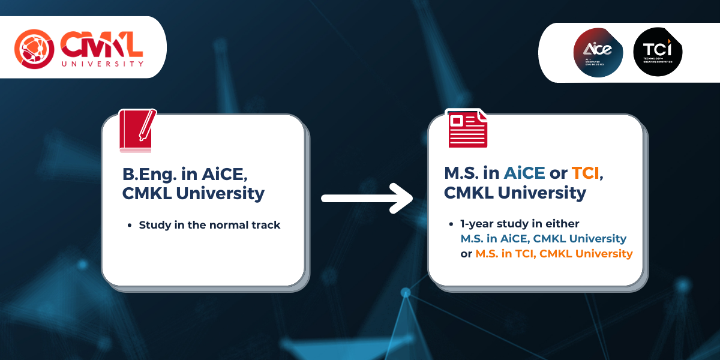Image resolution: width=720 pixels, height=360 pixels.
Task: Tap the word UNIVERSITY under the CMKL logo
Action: point(101,63)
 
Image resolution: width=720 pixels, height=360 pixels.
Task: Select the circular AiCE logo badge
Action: point(598,52)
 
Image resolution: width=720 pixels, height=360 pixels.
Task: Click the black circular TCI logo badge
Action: point(658,52)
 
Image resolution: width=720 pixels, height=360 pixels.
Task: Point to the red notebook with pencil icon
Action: point(137,131)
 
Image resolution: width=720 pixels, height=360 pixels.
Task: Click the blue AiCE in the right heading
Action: point(524,173)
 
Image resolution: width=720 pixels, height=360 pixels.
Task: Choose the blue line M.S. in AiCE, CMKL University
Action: point(543,239)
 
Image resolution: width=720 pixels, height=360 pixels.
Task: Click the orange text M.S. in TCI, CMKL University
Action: point(554,254)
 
